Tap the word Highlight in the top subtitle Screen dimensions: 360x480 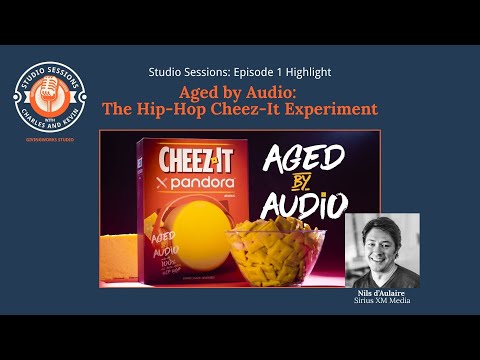[304, 72]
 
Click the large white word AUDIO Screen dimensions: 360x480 [303, 206]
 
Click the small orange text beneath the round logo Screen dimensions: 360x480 [48, 140]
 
